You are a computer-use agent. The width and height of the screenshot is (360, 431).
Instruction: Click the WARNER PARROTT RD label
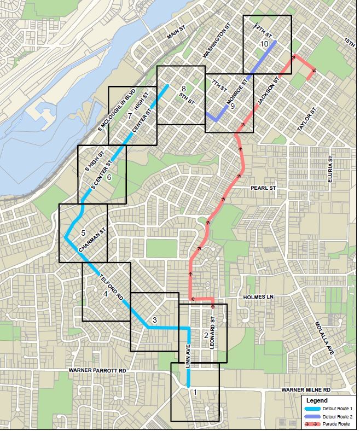[x=97, y=370]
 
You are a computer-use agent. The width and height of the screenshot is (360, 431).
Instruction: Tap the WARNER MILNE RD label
[x=306, y=389]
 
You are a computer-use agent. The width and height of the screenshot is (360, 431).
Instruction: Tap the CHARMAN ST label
[x=92, y=241]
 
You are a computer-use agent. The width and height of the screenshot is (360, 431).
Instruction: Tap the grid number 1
[x=195, y=393]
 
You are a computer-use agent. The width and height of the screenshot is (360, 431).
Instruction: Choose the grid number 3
[x=155, y=320]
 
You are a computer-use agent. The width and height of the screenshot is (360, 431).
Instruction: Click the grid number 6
[x=109, y=177]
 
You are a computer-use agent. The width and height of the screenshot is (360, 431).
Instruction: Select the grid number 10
[x=264, y=43]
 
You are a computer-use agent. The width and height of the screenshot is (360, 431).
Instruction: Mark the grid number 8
[x=184, y=88]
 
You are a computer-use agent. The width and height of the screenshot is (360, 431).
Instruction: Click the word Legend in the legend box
[x=316, y=400]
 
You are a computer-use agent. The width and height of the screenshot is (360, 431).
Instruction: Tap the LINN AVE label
[x=189, y=358]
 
